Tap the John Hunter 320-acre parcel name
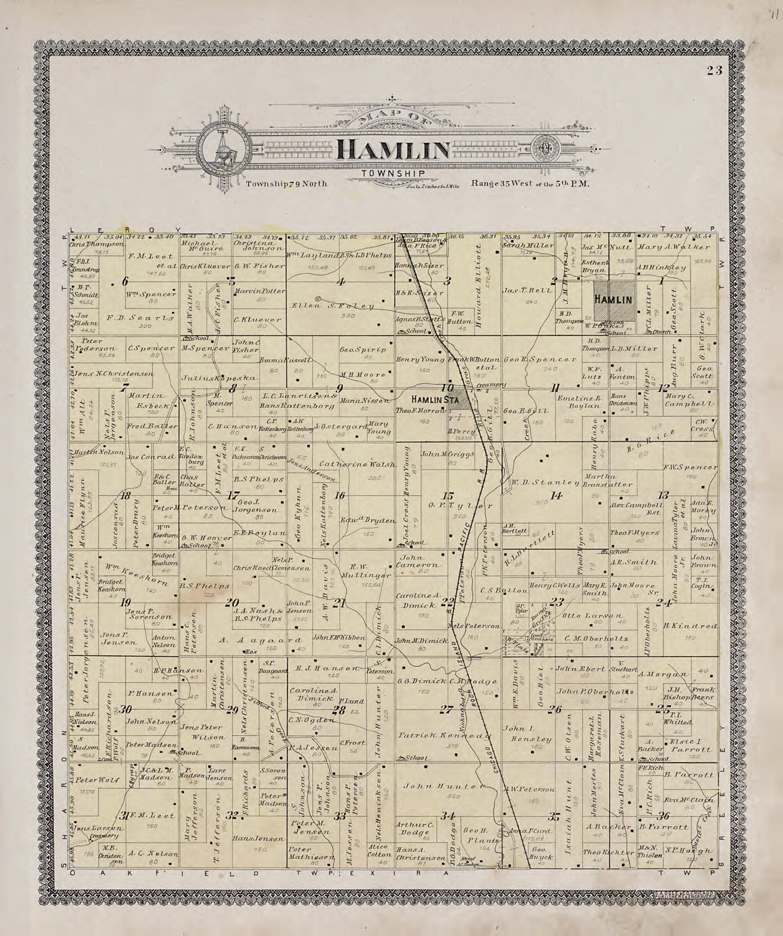444,787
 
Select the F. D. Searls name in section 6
140,318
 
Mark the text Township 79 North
286,183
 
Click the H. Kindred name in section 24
690,626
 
